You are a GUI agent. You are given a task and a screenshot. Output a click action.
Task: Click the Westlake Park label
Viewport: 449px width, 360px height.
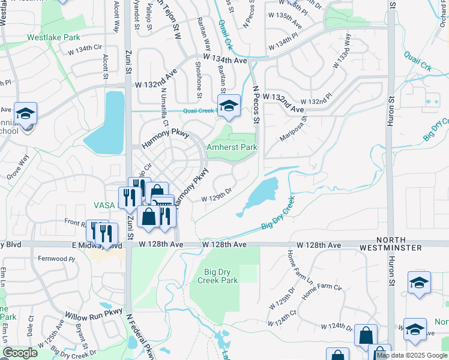tap(54, 37)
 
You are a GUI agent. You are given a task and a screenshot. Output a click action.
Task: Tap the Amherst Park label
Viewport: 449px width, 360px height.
tap(232, 147)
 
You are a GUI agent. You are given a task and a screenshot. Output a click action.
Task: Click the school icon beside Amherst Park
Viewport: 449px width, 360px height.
tap(229, 107)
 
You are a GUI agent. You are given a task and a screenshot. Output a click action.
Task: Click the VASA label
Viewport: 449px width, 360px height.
tap(104, 205)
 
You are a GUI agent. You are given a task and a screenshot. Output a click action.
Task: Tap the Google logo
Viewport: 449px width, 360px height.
tap(20, 353)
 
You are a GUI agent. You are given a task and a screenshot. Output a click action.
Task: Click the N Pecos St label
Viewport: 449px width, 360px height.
tap(256, 104)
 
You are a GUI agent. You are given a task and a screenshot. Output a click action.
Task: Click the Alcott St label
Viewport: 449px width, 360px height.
tap(106, 67)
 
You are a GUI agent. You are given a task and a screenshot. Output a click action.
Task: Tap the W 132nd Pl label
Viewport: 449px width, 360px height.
tap(316, 102)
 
